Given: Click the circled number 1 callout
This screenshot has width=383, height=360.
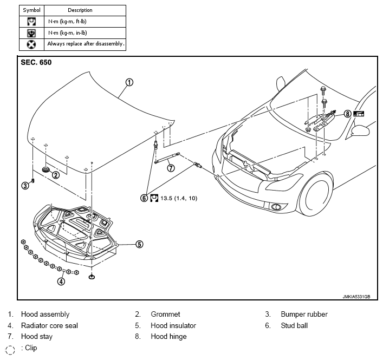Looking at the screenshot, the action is (129, 82).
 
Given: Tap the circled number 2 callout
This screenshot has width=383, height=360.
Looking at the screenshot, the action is (56, 175).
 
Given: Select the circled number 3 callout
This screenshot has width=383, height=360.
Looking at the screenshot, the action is (25, 186).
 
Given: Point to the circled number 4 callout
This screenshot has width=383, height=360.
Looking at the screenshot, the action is (61, 282).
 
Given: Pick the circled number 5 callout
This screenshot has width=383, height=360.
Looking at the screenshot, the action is (139, 244).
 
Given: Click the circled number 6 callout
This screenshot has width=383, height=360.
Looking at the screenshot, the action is (144, 198).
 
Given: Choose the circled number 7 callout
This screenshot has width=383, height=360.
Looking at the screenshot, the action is (171, 168).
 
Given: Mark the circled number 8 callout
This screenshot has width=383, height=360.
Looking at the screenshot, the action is (347, 114).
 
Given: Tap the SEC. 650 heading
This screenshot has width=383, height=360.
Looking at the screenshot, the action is (36, 62).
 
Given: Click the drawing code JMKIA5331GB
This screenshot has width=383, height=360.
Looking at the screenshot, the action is (356, 297).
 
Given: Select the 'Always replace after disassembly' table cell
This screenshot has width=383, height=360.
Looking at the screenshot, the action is (85, 45).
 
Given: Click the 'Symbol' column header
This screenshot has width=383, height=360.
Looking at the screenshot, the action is (32, 10).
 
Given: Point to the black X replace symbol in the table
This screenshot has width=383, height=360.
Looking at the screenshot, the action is (31, 45).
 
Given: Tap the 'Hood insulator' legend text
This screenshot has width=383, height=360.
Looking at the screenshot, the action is (173, 325).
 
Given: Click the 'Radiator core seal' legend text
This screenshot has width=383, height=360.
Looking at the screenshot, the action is (50, 325).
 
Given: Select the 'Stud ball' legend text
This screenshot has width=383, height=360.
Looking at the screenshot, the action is (294, 325).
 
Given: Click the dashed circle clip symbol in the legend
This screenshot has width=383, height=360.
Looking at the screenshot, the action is (10, 350).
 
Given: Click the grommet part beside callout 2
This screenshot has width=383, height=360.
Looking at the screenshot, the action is (46, 169).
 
